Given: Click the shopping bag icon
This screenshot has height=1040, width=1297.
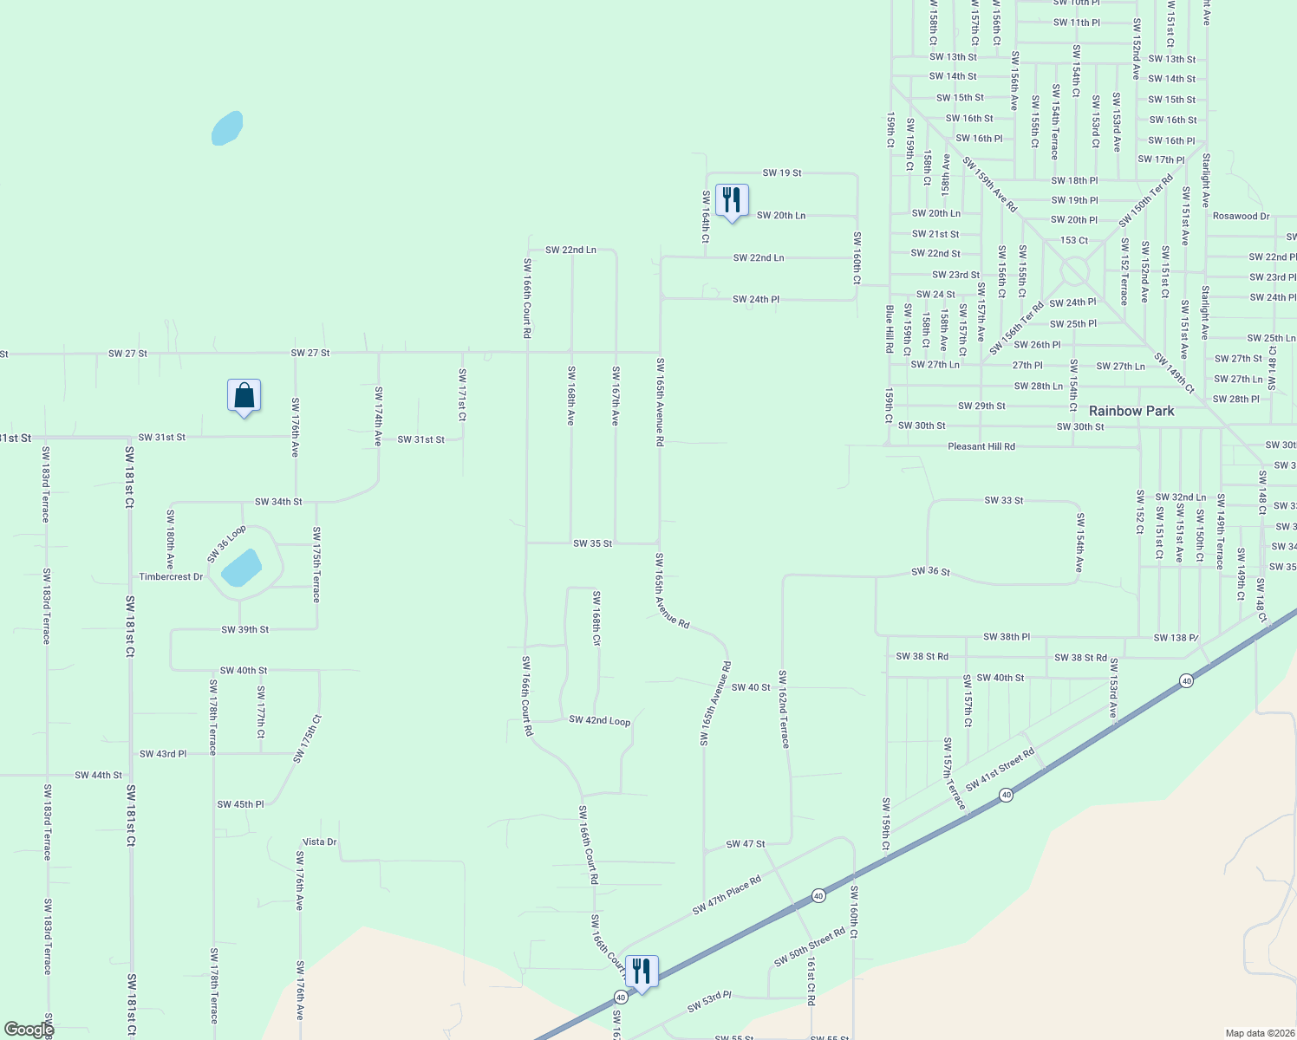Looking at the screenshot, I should coord(244,396).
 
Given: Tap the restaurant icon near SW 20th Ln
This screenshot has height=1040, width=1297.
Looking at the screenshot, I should coord(732,200).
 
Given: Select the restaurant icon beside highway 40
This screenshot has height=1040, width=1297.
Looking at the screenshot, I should coord(642,972).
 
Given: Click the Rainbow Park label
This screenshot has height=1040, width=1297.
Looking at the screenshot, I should coord(1131,411).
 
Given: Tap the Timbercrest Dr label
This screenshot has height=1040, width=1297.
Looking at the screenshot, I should coord(171,576).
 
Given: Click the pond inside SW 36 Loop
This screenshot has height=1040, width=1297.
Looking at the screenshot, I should coord(242,568).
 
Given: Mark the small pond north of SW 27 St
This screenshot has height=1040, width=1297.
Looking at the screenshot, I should coord(227,128).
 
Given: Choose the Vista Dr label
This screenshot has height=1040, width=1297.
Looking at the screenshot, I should coord(319,842).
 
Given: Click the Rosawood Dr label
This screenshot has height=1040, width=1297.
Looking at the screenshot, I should coord(1241,216).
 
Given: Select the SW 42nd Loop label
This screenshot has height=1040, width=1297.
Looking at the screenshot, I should coord(599,720).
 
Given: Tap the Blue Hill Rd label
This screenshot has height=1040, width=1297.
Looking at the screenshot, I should coord(889,328).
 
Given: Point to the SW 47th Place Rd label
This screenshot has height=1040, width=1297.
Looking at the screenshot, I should coord(727,894).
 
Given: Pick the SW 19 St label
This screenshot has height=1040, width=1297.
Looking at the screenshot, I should coord(782,172).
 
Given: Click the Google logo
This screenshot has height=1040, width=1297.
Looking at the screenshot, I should coord(29,1030).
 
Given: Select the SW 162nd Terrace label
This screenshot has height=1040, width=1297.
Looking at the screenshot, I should coord(783,709).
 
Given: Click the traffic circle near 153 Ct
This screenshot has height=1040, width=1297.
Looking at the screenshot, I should coord(1074,271).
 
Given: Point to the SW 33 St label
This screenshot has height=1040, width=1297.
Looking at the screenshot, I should coord(1004,500).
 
